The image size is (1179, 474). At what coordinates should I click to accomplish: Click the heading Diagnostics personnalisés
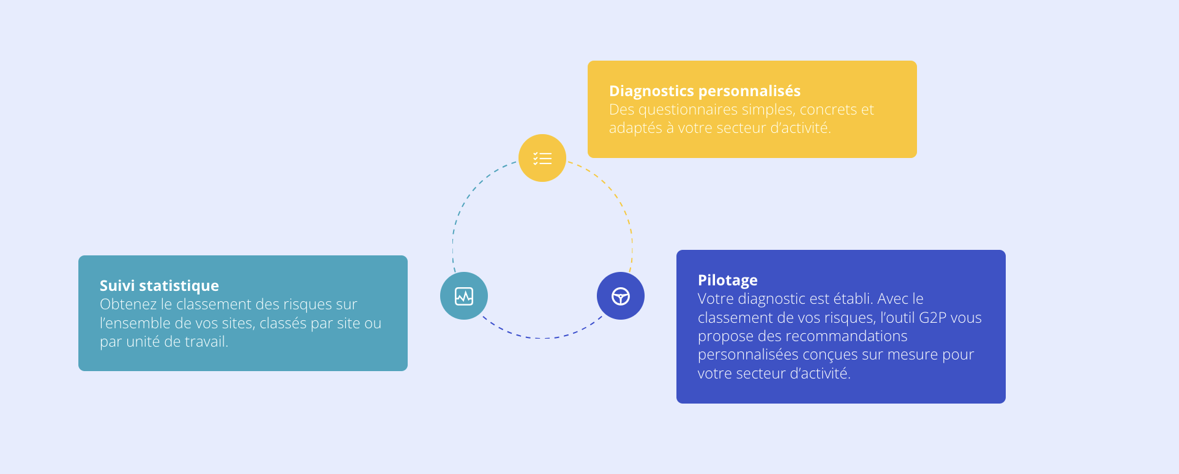(705, 91)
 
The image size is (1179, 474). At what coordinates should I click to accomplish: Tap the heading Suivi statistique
(159, 286)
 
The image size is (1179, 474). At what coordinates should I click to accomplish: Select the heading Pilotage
(727, 280)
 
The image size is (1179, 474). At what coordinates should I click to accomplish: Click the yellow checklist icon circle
(542, 158)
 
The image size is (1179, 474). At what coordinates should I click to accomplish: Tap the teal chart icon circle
(464, 296)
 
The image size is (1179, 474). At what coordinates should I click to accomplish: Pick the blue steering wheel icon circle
(621, 296)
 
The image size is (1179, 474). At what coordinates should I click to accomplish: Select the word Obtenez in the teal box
(128, 304)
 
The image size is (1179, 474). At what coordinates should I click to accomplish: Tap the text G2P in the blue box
(932, 318)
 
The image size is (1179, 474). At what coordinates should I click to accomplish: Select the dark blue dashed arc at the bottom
(542, 337)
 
